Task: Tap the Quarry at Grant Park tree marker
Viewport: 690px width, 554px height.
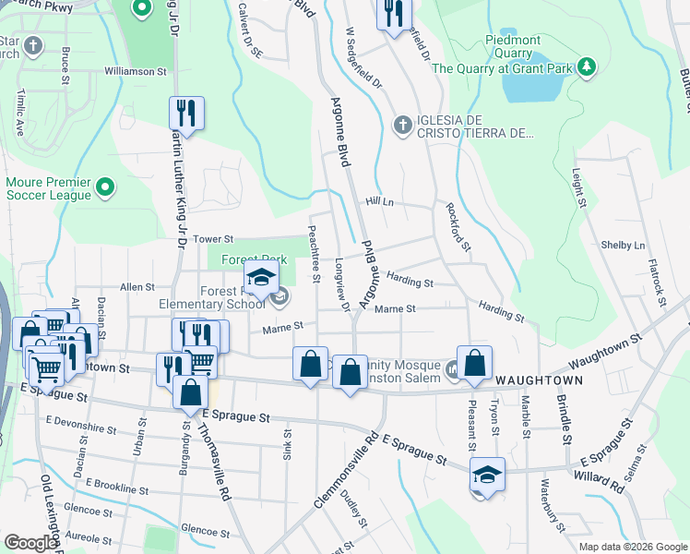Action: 585,66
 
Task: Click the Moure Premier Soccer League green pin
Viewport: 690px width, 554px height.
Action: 106,187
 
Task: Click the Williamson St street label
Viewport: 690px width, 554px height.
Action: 135,70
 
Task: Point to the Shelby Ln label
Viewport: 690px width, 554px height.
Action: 623,246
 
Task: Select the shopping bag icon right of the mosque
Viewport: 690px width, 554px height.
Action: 474,365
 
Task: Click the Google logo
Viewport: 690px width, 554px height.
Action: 30,543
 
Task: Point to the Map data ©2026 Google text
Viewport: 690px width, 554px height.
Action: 632,547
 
